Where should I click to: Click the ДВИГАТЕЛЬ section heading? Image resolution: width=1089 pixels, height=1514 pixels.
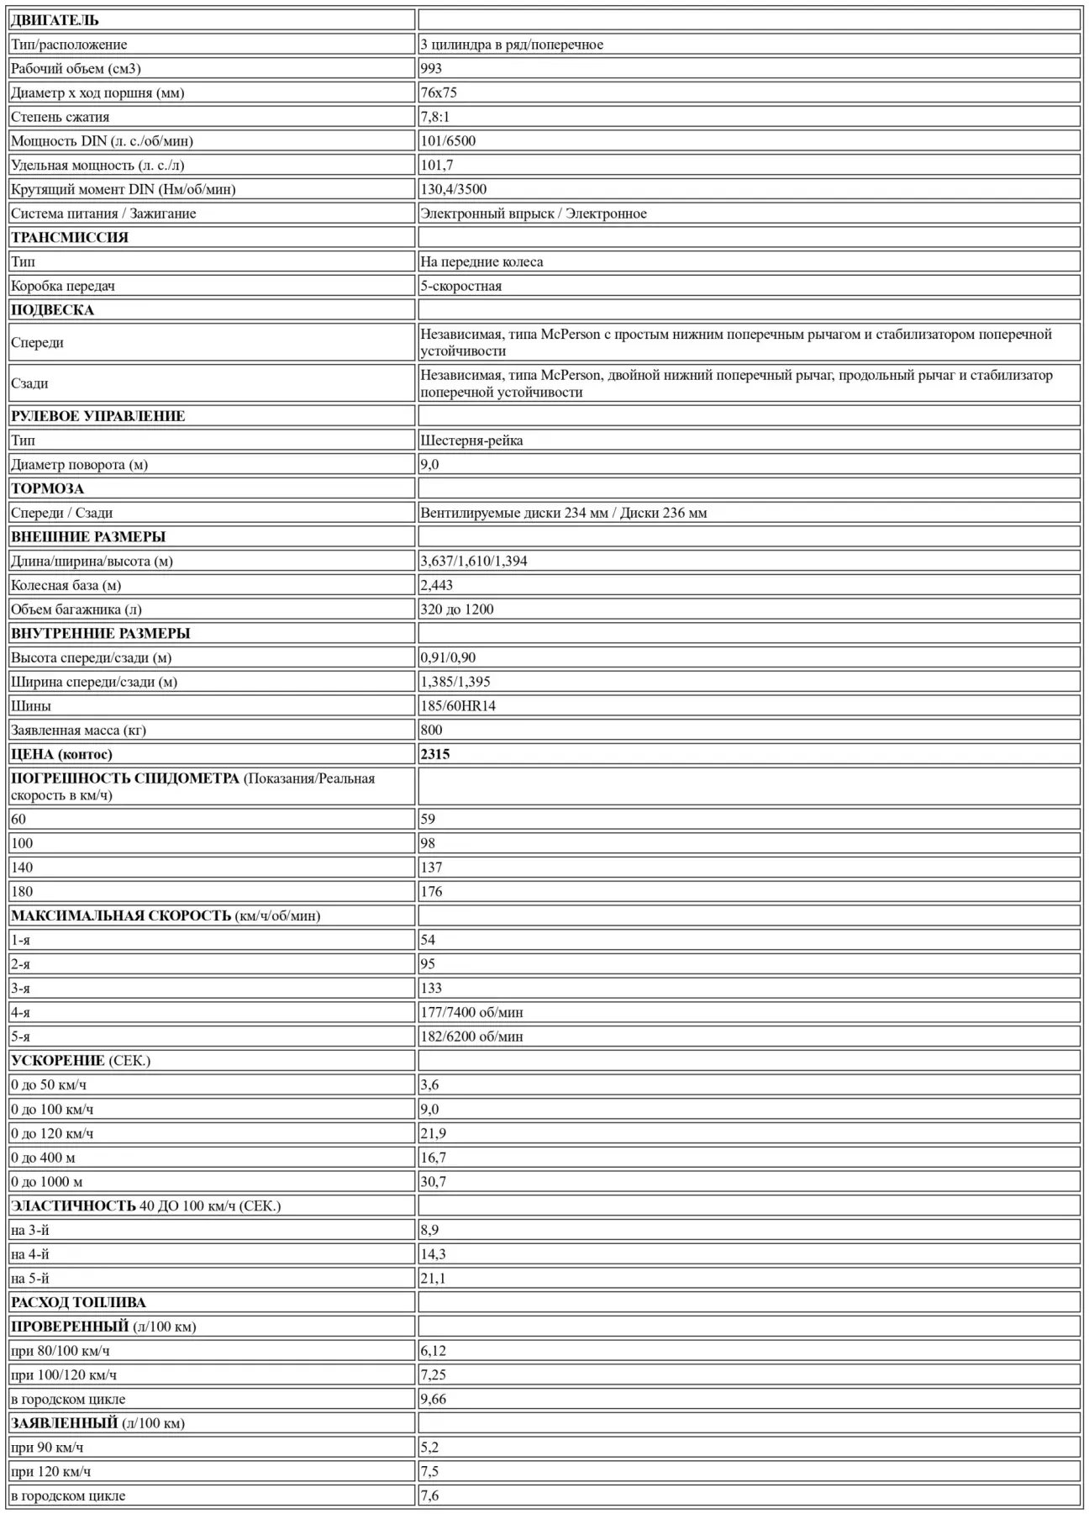pos(55,20)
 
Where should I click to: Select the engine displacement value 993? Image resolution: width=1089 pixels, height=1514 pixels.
pos(431,69)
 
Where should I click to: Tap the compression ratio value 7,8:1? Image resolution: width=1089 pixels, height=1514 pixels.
pos(434,117)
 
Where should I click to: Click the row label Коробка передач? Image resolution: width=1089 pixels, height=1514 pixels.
pos(63,286)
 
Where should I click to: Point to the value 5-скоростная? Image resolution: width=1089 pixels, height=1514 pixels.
pos(460,286)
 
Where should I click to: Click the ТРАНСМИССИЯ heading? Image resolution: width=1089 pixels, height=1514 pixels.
pos(70,237)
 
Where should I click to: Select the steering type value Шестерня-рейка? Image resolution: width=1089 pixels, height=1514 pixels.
pos(471,440)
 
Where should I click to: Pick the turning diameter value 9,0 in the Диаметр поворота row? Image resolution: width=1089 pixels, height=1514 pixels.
pos(429,465)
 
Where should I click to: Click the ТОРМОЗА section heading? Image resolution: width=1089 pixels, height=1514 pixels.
pos(47,488)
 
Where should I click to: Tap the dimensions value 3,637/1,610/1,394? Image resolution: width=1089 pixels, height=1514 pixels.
pos(474,561)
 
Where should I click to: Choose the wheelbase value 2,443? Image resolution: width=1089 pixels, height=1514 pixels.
pos(436,585)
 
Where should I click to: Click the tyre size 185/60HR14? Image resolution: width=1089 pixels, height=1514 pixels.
pos(458,706)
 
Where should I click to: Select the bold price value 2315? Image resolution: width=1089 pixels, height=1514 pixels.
pos(435,754)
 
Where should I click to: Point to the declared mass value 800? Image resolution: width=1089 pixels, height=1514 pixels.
pos(431,730)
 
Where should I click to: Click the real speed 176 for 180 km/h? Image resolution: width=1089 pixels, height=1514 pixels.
pos(431,892)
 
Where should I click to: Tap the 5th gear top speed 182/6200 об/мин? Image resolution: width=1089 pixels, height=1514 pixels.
pos(471,1037)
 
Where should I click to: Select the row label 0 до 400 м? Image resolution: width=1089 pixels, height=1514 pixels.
pos(43,1158)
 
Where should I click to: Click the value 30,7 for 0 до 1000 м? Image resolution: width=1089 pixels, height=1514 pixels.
pos(434,1182)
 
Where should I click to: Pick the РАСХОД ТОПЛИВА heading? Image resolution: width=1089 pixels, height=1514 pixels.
pos(78,1303)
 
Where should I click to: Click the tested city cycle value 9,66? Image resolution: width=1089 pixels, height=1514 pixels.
pos(434,1400)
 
